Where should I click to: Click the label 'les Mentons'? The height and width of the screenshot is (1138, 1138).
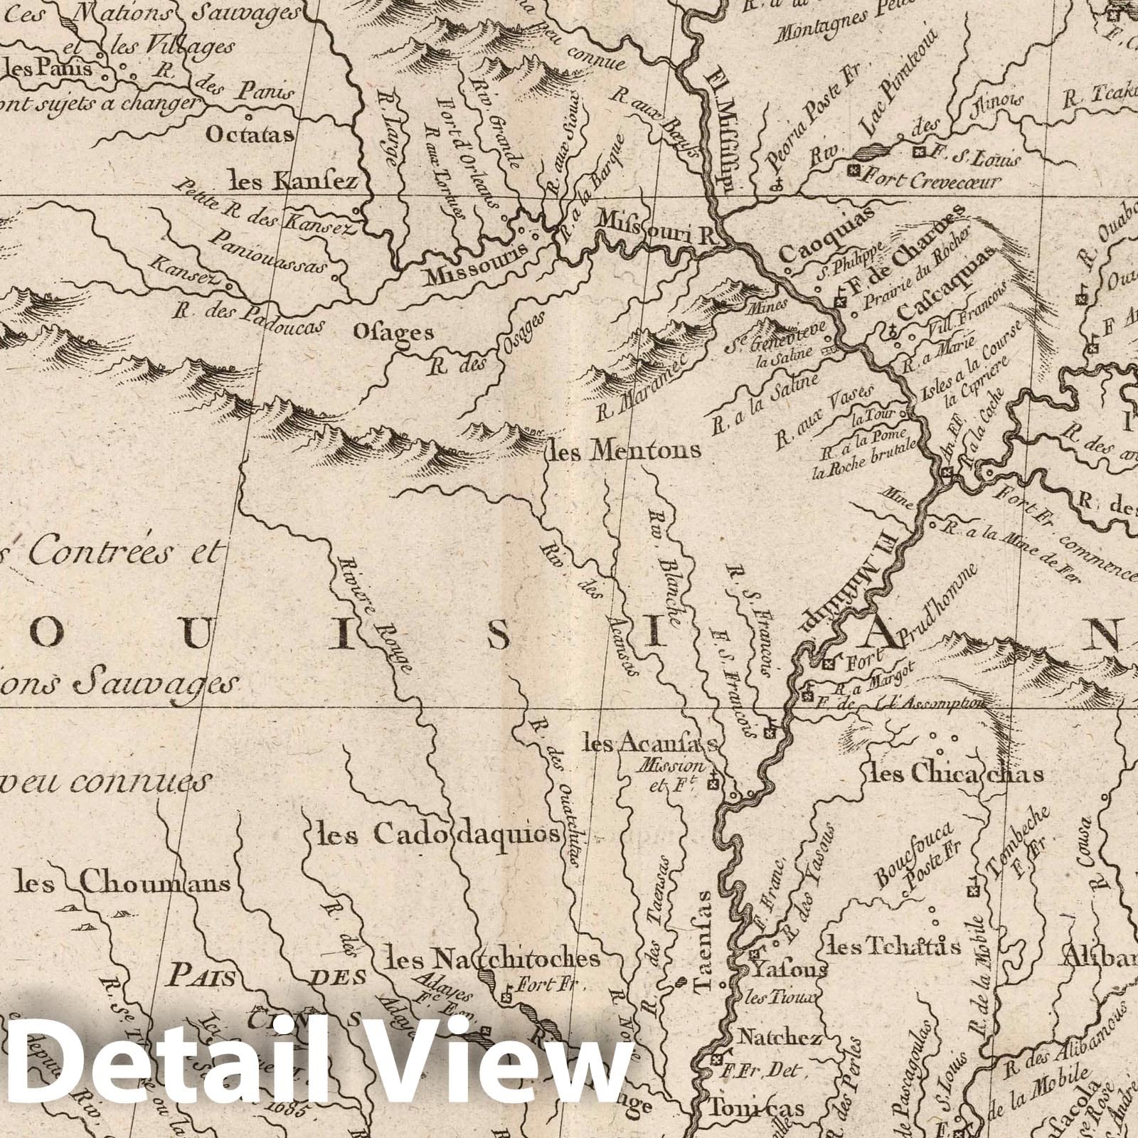tap(624, 450)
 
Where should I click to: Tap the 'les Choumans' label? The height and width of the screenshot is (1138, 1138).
tap(123, 884)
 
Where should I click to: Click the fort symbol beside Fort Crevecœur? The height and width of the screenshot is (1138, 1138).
tap(854, 171)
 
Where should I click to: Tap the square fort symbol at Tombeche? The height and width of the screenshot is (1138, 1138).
tap(974, 891)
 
